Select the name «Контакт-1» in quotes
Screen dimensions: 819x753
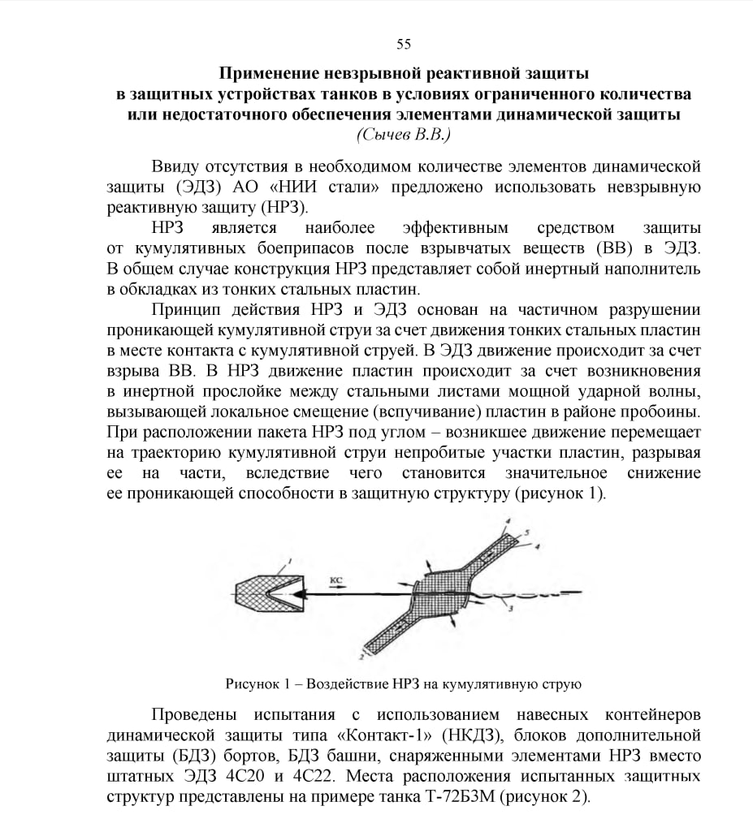[x=387, y=735]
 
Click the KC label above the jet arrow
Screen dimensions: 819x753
[x=337, y=580]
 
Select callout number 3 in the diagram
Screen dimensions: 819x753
[x=509, y=607]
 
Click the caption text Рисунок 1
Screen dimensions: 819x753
[x=259, y=684]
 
